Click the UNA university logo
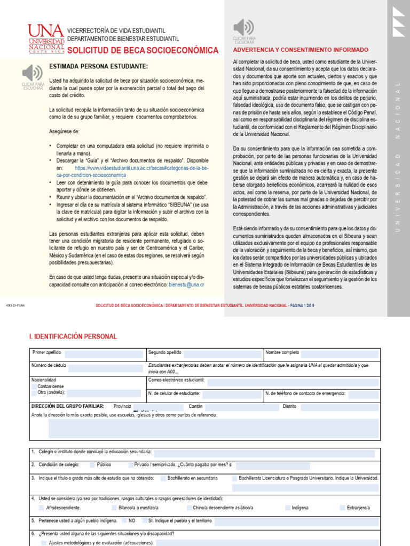[46, 38]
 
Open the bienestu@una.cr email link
[186, 285]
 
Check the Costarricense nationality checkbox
[35, 386]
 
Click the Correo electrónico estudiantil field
[293, 381]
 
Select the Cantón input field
[235, 407]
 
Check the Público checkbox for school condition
[92, 464]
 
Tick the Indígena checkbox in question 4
[287, 508]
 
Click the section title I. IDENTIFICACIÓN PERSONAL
[73, 336]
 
